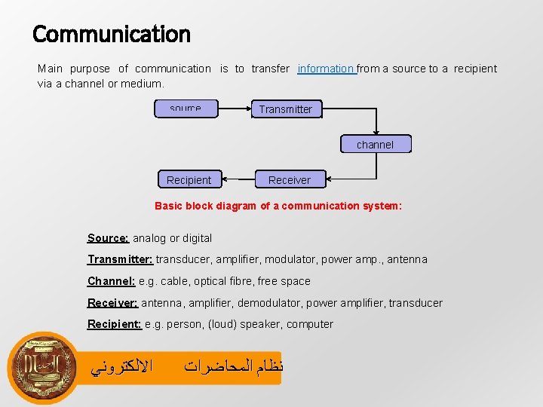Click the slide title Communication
click(x=112, y=34)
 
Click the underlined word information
click(x=326, y=69)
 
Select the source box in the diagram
click(x=186, y=109)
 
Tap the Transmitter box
click(x=286, y=109)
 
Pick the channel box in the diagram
click(x=375, y=145)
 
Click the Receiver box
click(x=289, y=180)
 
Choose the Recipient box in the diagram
click(x=189, y=180)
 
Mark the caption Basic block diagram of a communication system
click(x=278, y=206)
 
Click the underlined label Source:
click(x=109, y=238)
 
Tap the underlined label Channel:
click(x=112, y=281)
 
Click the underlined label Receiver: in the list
click(x=113, y=303)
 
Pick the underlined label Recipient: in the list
click(x=115, y=324)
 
